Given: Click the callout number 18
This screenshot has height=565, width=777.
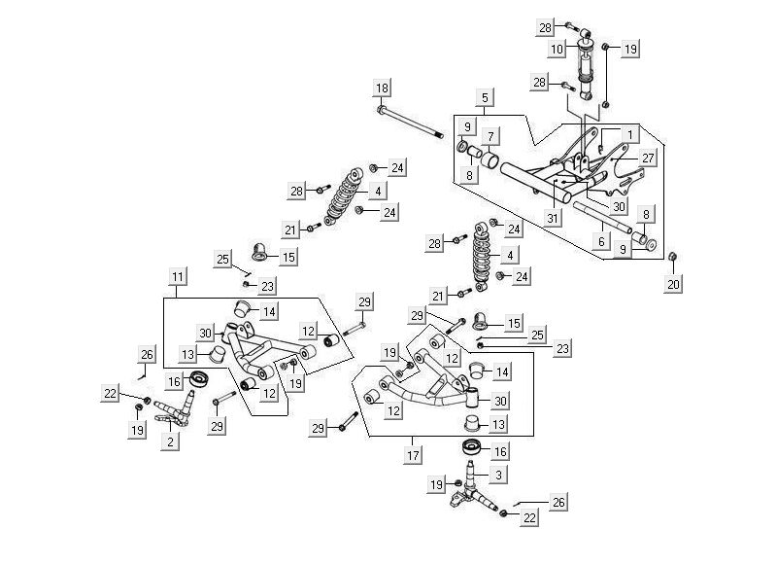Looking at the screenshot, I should (x=382, y=88).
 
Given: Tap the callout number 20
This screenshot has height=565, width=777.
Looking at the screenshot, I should (x=674, y=283).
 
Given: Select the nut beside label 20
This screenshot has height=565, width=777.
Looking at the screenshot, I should (x=672, y=256).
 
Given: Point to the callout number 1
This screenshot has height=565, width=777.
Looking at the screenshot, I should (x=629, y=133).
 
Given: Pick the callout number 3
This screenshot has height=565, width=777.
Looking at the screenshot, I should (x=499, y=475).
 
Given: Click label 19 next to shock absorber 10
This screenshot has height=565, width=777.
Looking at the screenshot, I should (x=630, y=48).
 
